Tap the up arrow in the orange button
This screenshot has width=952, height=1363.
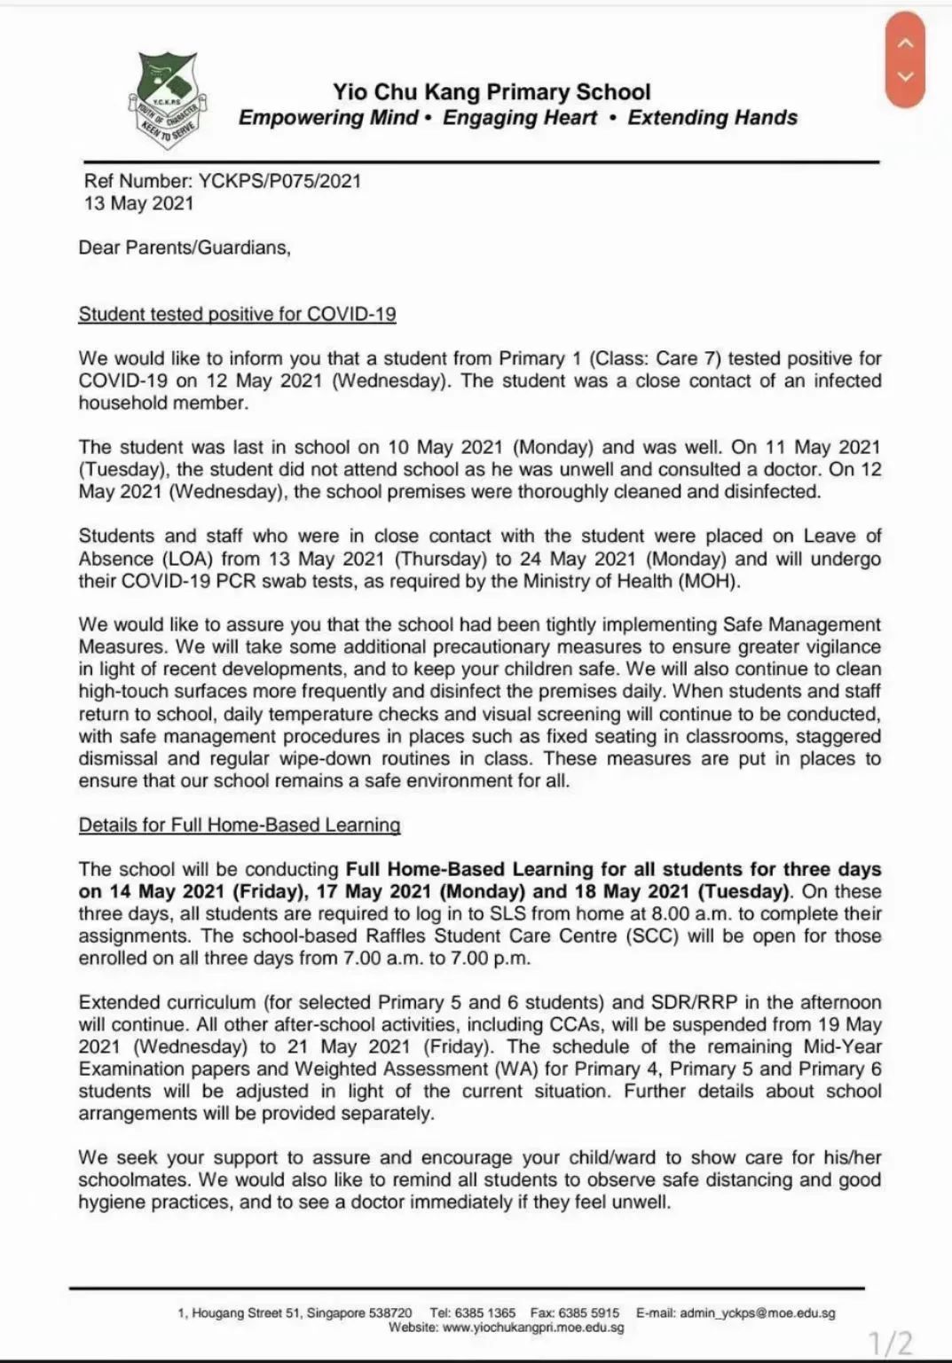coord(905,43)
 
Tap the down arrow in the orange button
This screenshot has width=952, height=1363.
coord(905,77)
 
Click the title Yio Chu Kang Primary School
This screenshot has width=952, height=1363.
coord(492,92)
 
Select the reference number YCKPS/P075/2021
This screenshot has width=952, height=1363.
coord(279,181)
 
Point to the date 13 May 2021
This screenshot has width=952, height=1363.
coord(138,203)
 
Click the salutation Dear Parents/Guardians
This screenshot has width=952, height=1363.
coord(185,247)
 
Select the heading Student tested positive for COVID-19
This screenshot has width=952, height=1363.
coord(237,314)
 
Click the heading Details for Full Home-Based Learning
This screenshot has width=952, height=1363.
coord(240,825)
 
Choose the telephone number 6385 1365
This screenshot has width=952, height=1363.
coord(484,1312)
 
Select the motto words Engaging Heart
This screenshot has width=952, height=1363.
coord(520,118)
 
